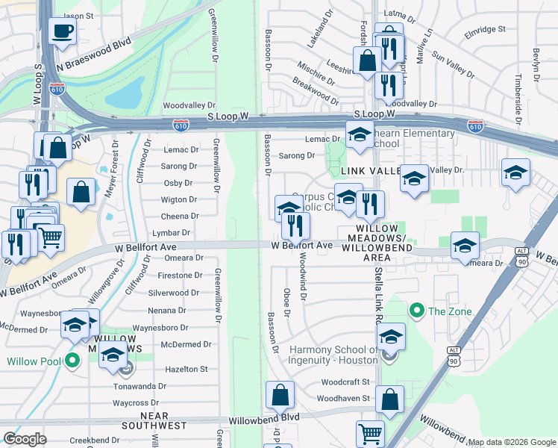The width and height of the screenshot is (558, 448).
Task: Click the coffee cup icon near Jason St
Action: [63, 31]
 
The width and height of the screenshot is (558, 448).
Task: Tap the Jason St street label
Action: [83, 16]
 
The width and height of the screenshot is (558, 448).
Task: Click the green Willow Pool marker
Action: [72, 361]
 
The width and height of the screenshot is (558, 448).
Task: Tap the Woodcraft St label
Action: [345, 382]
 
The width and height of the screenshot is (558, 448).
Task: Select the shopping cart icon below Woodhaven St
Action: [371, 433]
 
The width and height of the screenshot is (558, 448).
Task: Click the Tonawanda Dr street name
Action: [139, 386]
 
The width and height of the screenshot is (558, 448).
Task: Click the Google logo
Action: [25, 439]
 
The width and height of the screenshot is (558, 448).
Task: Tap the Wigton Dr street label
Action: [179, 199]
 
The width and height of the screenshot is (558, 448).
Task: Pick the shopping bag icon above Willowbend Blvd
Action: [280, 395]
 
